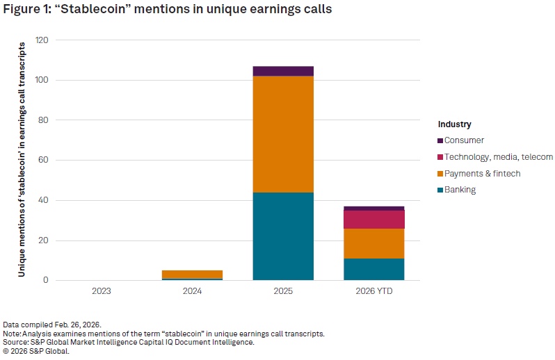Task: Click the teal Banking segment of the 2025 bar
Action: [283, 236]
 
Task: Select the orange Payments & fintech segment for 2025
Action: [283, 134]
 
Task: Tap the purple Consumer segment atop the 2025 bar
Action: [283, 71]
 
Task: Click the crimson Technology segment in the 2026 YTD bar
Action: [373, 220]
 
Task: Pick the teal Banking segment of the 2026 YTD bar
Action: [373, 269]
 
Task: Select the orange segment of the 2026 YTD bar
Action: [373, 243]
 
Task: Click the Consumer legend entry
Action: [463, 140]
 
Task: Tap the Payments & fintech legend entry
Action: [482, 174]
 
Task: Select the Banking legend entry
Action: [460, 190]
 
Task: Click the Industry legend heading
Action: [455, 124]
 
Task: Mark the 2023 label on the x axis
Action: [102, 291]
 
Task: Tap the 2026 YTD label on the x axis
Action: [373, 291]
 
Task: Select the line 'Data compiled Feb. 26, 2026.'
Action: [53, 325]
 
